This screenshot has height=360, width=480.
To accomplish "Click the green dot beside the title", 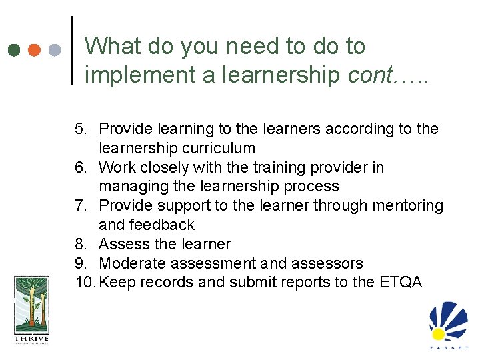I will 13,50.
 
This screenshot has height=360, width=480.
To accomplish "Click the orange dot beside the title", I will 34,50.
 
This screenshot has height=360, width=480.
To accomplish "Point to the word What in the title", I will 113,46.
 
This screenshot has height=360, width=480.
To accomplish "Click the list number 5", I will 80,129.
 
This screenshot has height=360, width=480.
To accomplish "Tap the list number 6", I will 80,167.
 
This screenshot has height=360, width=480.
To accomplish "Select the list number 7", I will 80,205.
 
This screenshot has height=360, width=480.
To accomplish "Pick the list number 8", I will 80,244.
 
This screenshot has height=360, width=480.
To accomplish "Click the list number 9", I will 80,263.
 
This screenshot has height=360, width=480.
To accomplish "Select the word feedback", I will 163,225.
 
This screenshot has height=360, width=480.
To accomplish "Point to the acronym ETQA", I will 400,282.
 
